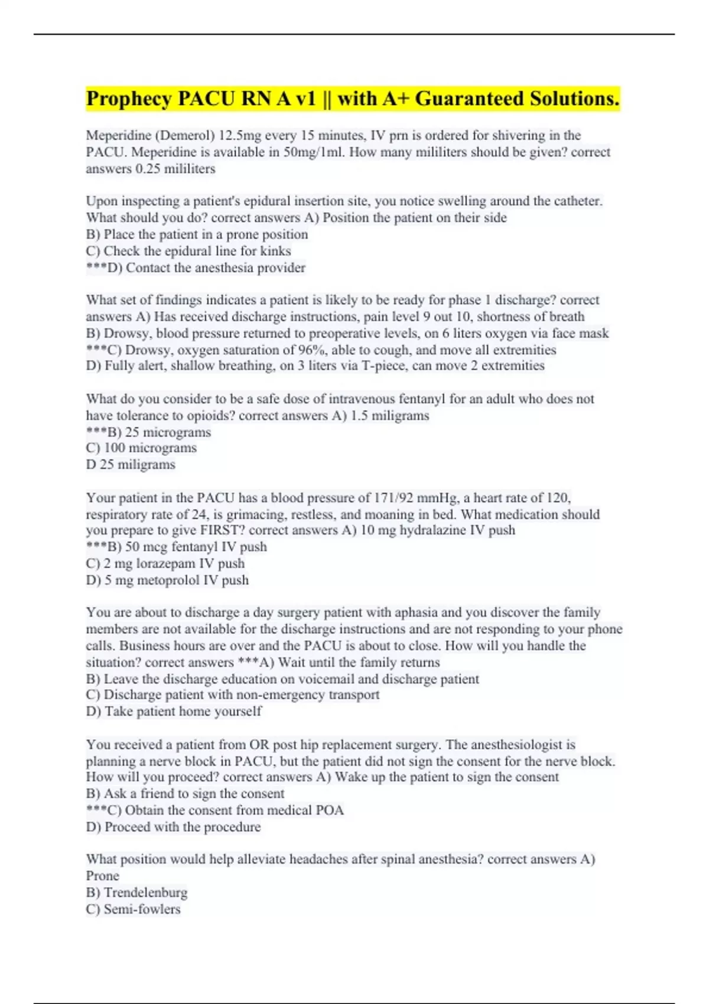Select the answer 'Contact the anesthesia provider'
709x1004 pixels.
tap(215, 268)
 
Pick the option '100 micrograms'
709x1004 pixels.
tap(150, 448)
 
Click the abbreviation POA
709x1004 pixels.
tap(330, 810)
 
